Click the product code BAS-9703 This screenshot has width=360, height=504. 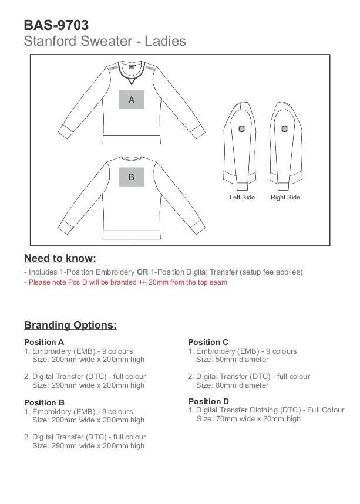tap(56, 25)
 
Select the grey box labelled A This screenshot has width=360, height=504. tap(132, 99)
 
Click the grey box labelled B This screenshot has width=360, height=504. tap(132, 177)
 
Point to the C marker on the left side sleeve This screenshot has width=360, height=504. tap(241, 129)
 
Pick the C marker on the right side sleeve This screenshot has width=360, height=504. tap(285, 129)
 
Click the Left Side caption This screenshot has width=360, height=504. tap(242, 197)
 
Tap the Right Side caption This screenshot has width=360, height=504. tap(285, 197)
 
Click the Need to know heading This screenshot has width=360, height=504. tap(60, 258)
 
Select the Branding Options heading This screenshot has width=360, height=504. tap(70, 325)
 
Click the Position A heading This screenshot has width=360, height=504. tap(44, 342)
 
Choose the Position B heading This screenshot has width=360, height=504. tap(44, 402)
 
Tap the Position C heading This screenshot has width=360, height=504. tap(208, 342)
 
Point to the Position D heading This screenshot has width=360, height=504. tap(208, 401)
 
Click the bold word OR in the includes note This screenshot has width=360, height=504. tap(143, 272)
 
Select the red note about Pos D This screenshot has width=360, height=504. tap(126, 282)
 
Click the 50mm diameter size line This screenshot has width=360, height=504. tap(232, 360)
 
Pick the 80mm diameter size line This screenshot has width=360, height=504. tap(232, 385)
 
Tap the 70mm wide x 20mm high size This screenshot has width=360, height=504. tap(248, 419)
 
